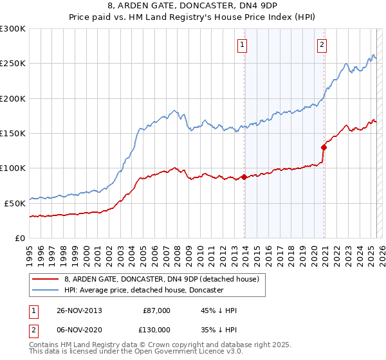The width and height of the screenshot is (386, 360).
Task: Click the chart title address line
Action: click(x=193, y=6)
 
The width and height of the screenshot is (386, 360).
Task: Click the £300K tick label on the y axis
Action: click(x=14, y=29)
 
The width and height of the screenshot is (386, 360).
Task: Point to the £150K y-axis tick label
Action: click(x=14, y=133)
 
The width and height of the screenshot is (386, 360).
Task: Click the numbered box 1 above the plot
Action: click(x=242, y=45)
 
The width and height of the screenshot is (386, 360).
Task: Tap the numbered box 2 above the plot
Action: click(x=321, y=45)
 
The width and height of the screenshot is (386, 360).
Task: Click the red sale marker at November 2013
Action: click(x=244, y=177)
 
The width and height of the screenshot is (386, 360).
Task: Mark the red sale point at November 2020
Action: click(x=324, y=147)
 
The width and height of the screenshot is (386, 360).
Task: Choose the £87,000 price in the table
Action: click(x=156, y=310)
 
